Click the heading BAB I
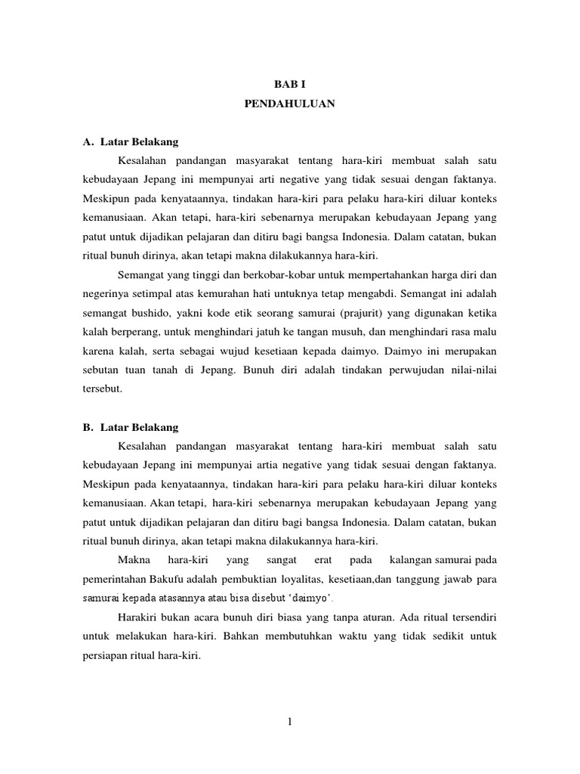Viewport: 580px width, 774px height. [289, 86]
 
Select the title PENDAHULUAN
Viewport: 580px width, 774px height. [289, 105]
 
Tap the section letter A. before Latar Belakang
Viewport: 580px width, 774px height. [88, 142]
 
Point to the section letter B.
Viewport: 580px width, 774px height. [88, 427]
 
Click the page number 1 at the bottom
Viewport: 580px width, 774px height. [289, 722]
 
